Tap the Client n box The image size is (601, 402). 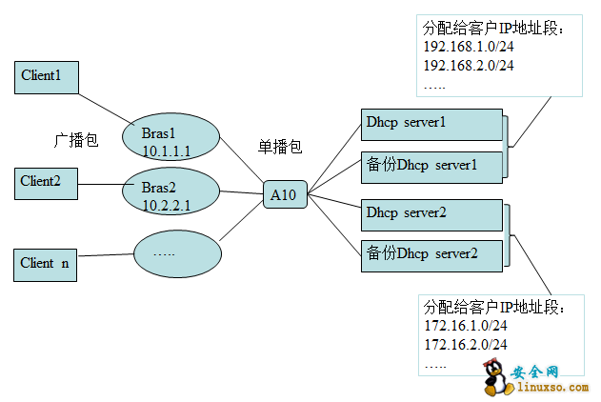pyautogui.click(x=45, y=264)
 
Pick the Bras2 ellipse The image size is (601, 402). pyautogui.click(x=170, y=193)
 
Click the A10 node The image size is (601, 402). pyautogui.click(x=284, y=195)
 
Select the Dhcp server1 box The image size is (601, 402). pyautogui.click(x=432, y=124)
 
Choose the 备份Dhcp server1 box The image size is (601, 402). pyautogui.click(x=432, y=166)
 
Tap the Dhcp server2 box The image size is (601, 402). pyautogui.click(x=432, y=213)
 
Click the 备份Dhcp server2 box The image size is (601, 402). pyautogui.click(x=432, y=254)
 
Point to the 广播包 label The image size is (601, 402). pyautogui.click(x=75, y=139)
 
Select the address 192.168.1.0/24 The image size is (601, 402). pyautogui.click(x=469, y=46)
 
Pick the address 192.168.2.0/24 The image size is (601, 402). pyautogui.click(x=469, y=65)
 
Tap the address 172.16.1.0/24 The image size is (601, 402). pyautogui.click(x=465, y=326)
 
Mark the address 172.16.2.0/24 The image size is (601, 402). pyautogui.click(x=465, y=344)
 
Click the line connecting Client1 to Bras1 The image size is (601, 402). pyautogui.click(x=110, y=108)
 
